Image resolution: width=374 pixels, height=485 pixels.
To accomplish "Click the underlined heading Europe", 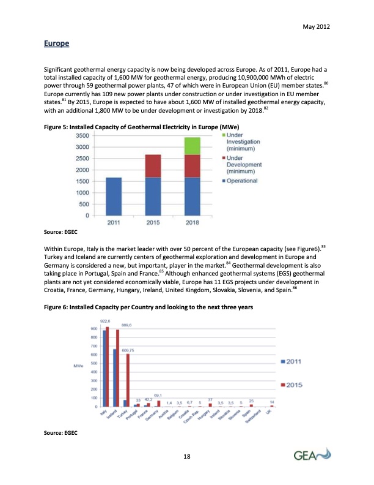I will click(x=56, y=44).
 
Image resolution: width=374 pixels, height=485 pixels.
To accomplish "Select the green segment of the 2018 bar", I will click(x=193, y=146).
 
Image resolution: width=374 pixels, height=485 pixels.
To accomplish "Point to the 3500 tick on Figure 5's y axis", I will click(x=82, y=135).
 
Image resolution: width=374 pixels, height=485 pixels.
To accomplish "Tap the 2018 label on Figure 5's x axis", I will click(x=193, y=222).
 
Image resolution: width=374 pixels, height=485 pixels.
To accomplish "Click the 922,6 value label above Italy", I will click(x=105, y=321).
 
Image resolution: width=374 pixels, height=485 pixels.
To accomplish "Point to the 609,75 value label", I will click(x=128, y=350).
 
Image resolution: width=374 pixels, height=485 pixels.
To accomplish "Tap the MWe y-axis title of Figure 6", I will click(x=78, y=366).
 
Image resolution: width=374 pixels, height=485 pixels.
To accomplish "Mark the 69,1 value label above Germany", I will click(x=158, y=396).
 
